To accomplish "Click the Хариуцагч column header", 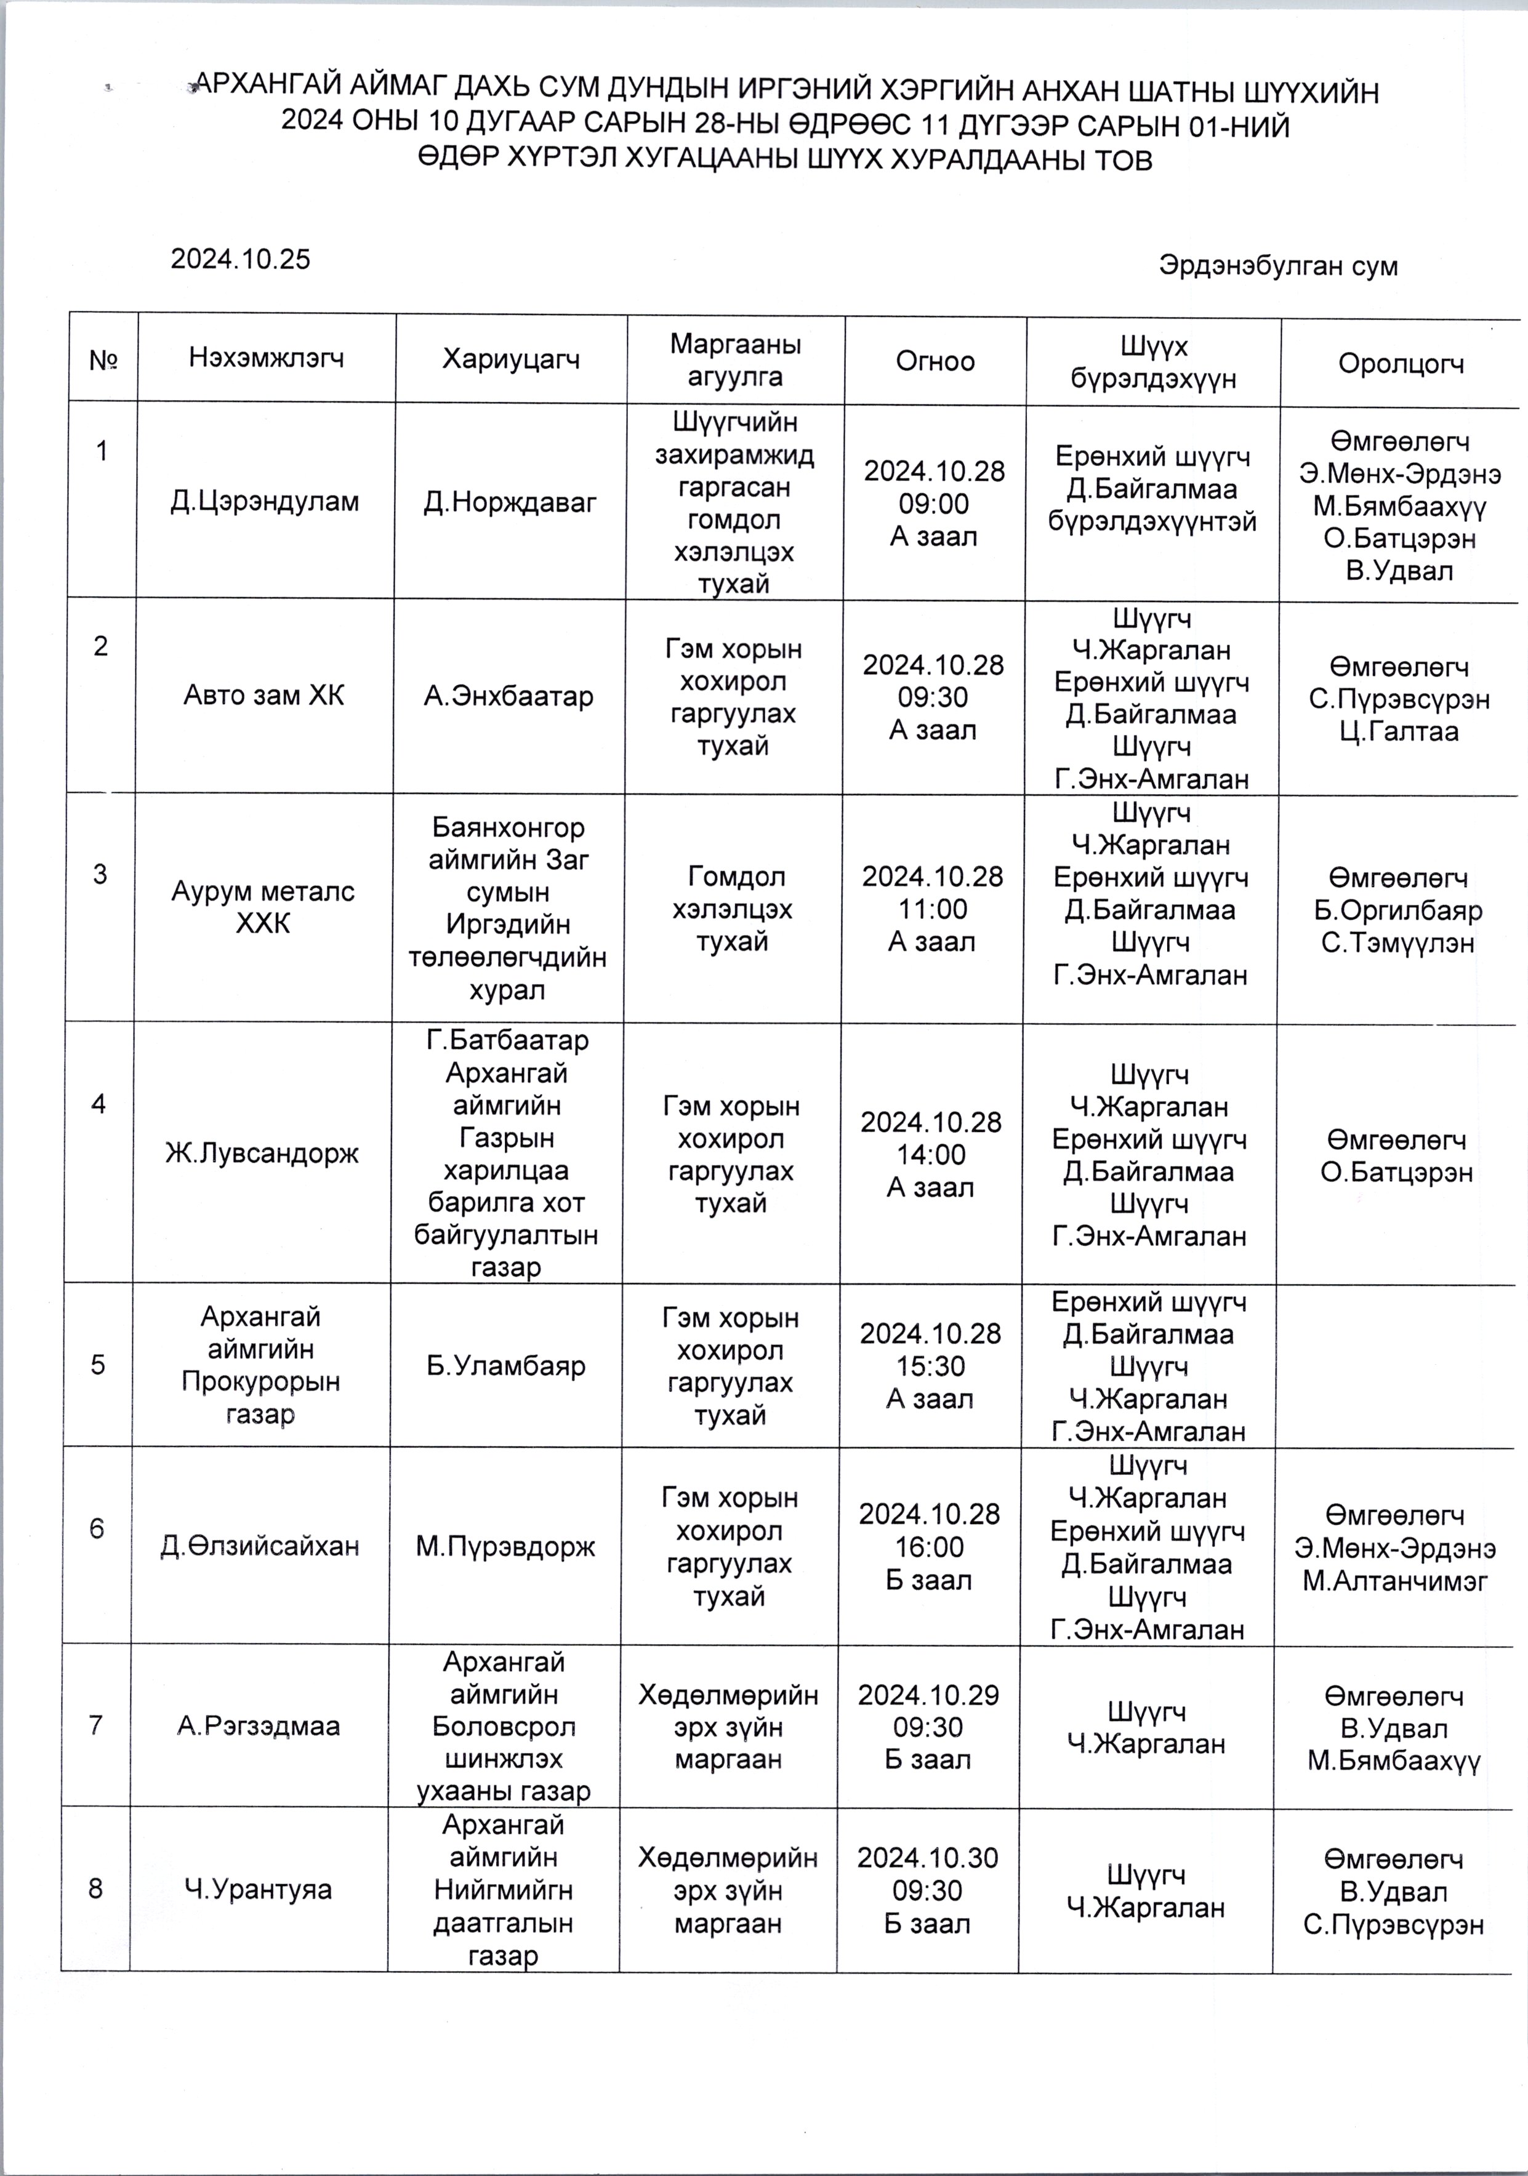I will [x=511, y=359].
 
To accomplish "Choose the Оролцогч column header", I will [x=1400, y=363].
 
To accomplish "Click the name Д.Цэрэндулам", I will [x=265, y=501].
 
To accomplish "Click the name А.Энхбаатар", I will [x=509, y=697].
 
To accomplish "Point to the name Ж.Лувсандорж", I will [x=262, y=1154].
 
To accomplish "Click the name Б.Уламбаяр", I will [x=506, y=1366].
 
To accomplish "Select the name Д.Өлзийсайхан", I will [x=260, y=1547].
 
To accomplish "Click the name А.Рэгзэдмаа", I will [x=258, y=1726].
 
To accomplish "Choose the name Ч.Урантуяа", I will [x=258, y=1890].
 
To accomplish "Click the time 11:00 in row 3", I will [x=933, y=909].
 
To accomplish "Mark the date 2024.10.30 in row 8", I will [x=928, y=1858].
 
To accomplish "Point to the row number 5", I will [x=98, y=1365].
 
